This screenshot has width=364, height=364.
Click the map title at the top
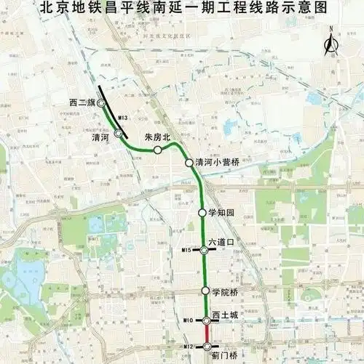[182, 10]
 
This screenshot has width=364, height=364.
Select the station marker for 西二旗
[101, 104]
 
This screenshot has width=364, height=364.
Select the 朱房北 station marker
[157, 150]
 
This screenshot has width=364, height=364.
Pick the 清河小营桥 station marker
[189, 163]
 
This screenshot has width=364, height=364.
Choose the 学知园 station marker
[202, 213]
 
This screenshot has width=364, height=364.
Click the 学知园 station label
[223, 213]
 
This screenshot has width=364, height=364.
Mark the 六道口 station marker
[205, 250]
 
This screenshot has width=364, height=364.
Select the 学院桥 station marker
[205, 291]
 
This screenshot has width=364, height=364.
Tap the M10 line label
[188, 320]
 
